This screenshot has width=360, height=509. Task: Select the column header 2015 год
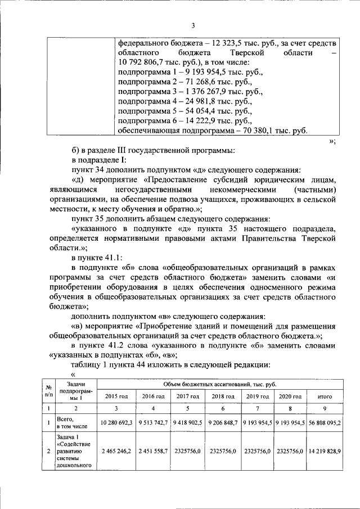pos(116,397)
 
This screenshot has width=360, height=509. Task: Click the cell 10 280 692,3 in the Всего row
pos(116,422)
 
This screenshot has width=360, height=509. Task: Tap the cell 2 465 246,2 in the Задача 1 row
pos(116,451)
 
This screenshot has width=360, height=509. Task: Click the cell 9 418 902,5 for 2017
pos(188,422)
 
